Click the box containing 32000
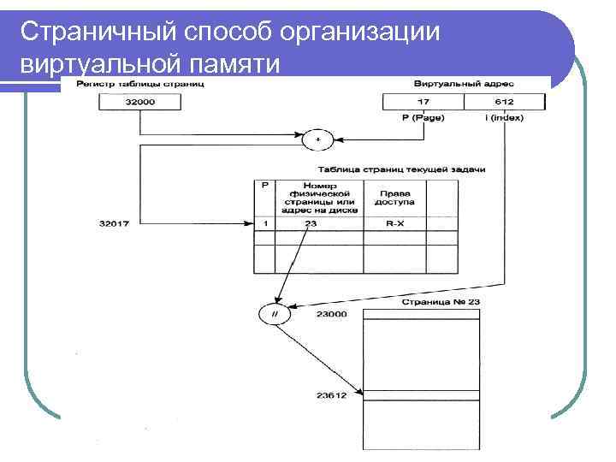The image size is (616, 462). [x=140, y=102]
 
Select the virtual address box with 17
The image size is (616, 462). [x=423, y=102]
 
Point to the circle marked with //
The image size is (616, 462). [x=275, y=314]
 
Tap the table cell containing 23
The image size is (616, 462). [x=310, y=224]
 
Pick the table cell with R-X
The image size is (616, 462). [x=394, y=224]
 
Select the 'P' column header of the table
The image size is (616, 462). [x=264, y=185]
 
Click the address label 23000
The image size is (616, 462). [x=332, y=314]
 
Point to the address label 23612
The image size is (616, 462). [x=332, y=395]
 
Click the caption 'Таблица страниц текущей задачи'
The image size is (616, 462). [x=401, y=169]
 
